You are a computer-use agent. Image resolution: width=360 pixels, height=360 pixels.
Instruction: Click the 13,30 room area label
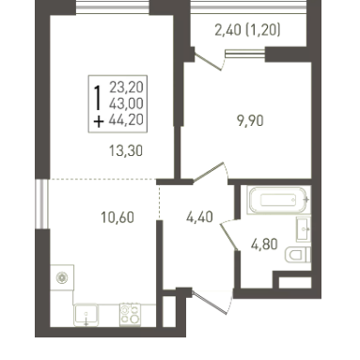[126, 151]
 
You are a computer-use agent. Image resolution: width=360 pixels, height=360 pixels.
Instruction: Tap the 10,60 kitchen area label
[117, 217]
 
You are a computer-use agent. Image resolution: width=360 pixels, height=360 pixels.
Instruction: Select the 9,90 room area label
[250, 121]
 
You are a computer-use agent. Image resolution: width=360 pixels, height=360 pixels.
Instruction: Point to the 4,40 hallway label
[199, 217]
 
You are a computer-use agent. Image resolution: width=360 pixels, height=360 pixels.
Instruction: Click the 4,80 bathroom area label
[264, 244]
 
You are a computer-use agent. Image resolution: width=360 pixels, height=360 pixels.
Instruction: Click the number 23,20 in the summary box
[126, 87]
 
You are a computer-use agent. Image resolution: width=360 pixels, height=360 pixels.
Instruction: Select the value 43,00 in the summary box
[126, 103]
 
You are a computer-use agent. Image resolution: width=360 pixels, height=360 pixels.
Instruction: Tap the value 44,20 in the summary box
[126, 119]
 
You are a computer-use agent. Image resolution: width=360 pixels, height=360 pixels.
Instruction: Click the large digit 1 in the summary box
[99, 98]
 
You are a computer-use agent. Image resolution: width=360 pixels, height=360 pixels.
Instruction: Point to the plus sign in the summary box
[99, 122]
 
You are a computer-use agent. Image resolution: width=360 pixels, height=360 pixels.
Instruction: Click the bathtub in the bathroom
[278, 200]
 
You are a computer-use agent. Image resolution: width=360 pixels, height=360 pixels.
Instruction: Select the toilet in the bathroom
[298, 255]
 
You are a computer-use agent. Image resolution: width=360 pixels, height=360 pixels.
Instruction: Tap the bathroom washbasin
[304, 229]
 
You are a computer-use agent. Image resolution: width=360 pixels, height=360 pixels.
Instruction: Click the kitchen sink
[86, 315]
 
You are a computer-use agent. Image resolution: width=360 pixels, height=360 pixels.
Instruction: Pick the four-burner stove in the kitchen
[130, 315]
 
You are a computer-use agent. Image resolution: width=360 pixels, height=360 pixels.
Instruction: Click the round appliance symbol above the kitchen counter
[62, 277]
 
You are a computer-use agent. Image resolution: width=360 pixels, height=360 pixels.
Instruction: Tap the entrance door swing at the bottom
[212, 303]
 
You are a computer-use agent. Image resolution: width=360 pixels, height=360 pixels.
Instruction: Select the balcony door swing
[210, 62]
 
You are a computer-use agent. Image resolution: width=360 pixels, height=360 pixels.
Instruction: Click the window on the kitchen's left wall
[41, 204]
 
